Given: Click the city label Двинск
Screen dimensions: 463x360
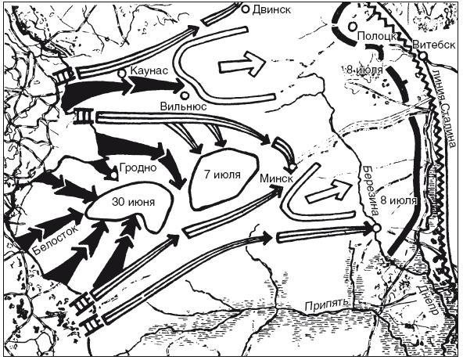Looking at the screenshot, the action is coord(271,9).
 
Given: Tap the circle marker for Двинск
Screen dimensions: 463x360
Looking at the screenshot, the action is coord(246,9).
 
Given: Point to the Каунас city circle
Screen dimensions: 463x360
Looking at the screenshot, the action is coord(121,74).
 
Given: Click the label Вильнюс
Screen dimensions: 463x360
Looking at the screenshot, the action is coord(183,106).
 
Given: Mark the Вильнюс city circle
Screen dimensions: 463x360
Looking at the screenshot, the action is coord(185,95).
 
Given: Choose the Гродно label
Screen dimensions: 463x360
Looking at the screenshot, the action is coord(138,167).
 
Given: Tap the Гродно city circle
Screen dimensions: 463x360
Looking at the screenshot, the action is coord(113,175).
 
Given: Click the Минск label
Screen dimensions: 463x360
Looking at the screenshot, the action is coord(276,178).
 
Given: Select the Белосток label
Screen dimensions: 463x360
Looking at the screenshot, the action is coord(56,239).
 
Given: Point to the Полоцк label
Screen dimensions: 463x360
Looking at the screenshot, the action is coord(376,37).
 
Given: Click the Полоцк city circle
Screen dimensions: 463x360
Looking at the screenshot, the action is coord(352,27).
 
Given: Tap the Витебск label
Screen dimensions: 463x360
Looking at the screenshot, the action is coord(434,45).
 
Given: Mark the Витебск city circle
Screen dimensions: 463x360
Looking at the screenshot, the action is coord(423,56).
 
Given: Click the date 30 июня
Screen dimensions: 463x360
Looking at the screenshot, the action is coord(133,202).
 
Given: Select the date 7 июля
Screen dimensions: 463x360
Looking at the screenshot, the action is coord(222,175).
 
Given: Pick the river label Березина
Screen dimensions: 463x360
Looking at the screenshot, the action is coord(370,191).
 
